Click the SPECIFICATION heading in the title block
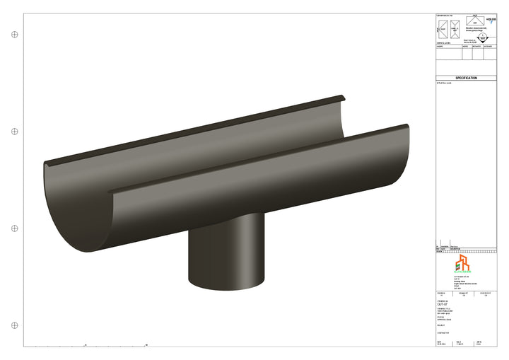pos(466,79)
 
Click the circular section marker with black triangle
pos(482,38)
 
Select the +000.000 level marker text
pos(490,20)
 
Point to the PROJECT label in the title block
pos(441,326)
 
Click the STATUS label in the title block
pos(440,318)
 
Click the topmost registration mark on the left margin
pos(13,34)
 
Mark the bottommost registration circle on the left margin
pos(13,325)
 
